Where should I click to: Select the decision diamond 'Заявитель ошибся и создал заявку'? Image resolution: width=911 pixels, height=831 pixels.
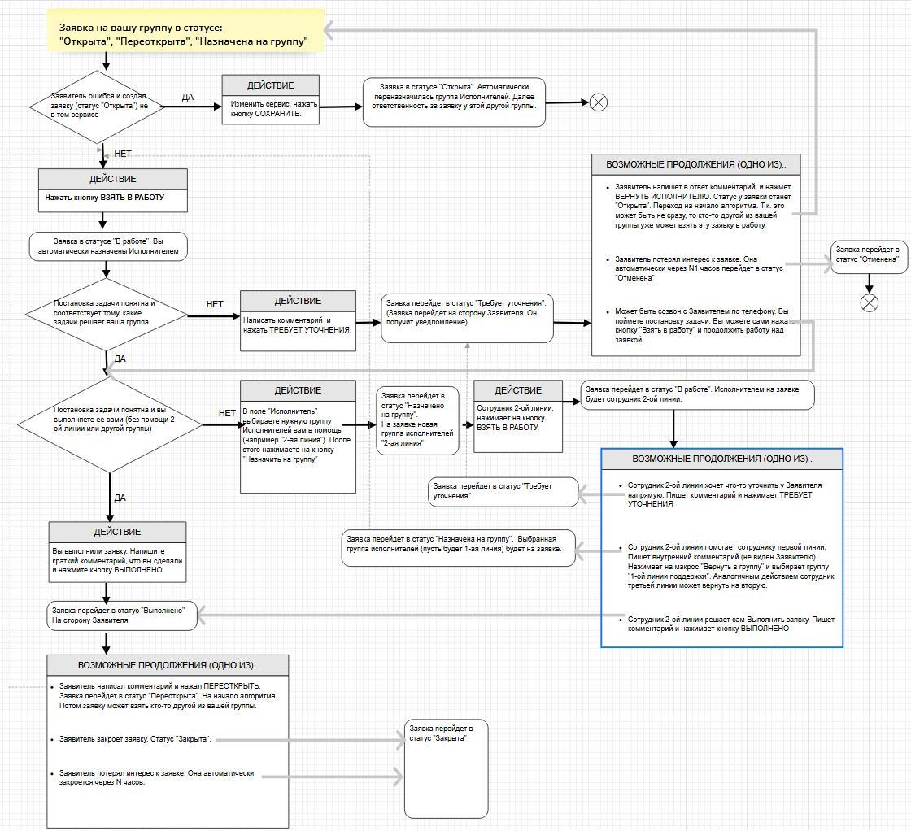pos(97,107)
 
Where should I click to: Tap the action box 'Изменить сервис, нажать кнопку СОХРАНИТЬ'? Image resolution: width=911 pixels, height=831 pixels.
pos(271,99)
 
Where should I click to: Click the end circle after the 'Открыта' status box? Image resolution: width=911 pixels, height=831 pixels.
pos(599,102)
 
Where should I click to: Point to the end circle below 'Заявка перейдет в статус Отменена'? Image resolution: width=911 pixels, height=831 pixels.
pos(870,302)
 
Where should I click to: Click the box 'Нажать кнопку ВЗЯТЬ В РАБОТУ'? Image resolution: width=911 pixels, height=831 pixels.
pos(113,190)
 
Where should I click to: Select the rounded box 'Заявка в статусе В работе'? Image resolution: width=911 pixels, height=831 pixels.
pos(109,246)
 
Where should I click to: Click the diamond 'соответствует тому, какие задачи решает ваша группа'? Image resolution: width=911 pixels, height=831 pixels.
pos(107,315)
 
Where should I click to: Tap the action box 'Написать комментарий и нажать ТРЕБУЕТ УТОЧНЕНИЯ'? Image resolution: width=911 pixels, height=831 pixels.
pos(298,320)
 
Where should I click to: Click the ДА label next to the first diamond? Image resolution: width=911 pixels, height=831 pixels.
pos(188,97)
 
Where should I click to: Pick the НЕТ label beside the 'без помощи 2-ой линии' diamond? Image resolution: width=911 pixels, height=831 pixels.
pos(227,413)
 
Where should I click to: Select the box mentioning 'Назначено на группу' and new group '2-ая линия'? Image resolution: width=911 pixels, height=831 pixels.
pos(418,420)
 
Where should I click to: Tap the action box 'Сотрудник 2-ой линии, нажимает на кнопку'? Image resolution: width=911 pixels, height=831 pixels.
pos(518,415)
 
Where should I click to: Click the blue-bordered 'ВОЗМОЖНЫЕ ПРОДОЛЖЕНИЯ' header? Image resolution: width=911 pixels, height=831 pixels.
pos(722,459)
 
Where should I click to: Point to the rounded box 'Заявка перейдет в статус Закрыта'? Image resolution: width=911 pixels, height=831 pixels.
pos(447,768)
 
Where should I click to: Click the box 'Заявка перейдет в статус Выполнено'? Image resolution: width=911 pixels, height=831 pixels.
pos(122,616)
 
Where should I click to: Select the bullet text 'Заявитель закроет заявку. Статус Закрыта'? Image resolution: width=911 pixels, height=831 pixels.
pos(135,739)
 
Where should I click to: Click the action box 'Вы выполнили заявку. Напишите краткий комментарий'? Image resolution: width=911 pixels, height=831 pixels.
pos(117,551)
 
